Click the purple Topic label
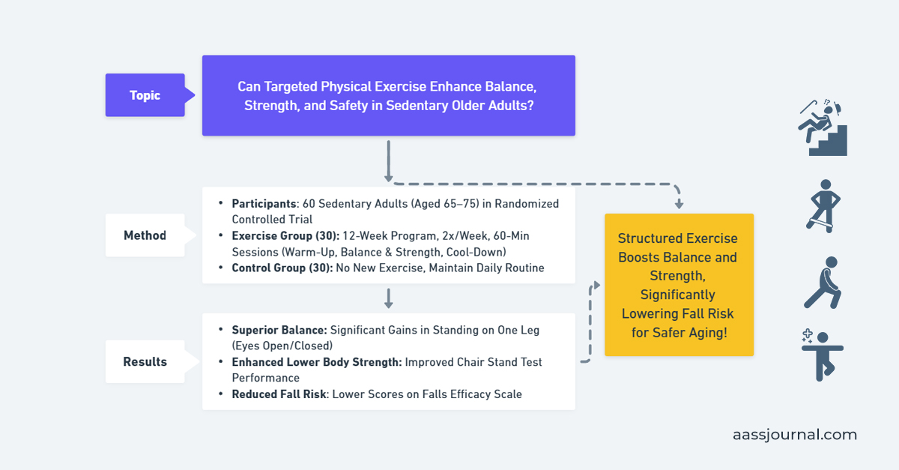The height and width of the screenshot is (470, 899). click(x=145, y=95)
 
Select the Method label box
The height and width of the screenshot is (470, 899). click(x=145, y=235)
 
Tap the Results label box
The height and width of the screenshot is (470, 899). click(x=145, y=361)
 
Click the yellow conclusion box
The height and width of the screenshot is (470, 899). click(x=679, y=285)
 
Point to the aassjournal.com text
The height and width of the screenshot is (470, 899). click(x=794, y=435)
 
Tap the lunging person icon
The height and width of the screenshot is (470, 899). click(x=823, y=283)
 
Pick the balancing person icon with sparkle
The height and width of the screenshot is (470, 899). click(x=822, y=355)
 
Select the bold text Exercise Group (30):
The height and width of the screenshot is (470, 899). click(x=285, y=235)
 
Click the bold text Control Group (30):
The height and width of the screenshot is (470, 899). click(x=281, y=268)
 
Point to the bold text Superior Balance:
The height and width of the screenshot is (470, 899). click(x=279, y=330)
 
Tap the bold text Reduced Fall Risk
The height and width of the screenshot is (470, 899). click(x=279, y=394)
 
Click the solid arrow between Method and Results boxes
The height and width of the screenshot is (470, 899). click(x=388, y=298)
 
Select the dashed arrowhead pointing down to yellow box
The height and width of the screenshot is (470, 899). click(x=679, y=203)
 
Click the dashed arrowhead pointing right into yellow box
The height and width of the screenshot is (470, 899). click(x=597, y=285)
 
